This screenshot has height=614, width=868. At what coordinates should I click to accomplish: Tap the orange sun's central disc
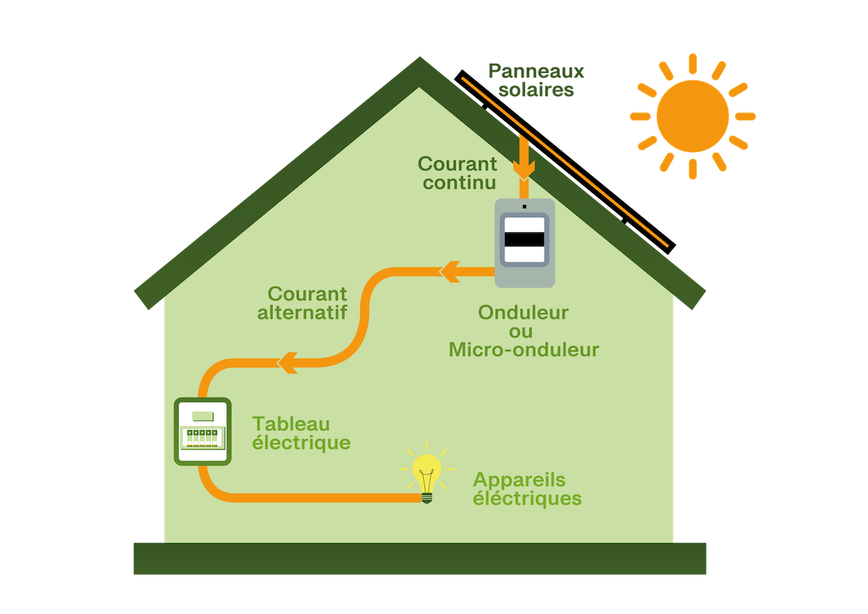coord(692,116)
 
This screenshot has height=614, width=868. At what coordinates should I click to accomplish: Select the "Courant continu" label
coord(458,173)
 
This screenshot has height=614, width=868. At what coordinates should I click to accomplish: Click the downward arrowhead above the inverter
coord(524,169)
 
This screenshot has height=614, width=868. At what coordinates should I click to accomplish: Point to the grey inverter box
coord(524,242)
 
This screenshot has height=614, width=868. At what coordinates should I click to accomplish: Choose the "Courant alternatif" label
coord(307,303)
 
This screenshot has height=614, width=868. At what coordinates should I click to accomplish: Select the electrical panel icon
coord(203,432)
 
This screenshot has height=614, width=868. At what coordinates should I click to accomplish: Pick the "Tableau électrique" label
coord(301,433)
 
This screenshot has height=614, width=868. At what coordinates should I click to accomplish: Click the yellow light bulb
coord(426,474)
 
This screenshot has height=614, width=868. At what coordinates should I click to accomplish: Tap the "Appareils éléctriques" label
coord(527,489)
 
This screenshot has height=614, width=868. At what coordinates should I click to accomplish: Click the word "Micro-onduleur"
coord(524,350)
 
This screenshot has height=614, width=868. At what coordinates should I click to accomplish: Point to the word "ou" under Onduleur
coord(524,332)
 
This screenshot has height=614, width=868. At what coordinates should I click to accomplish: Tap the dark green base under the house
coord(420,558)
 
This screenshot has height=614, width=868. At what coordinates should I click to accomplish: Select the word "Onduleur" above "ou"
coord(523,313)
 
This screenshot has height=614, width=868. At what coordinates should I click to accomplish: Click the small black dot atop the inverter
coord(524,206)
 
